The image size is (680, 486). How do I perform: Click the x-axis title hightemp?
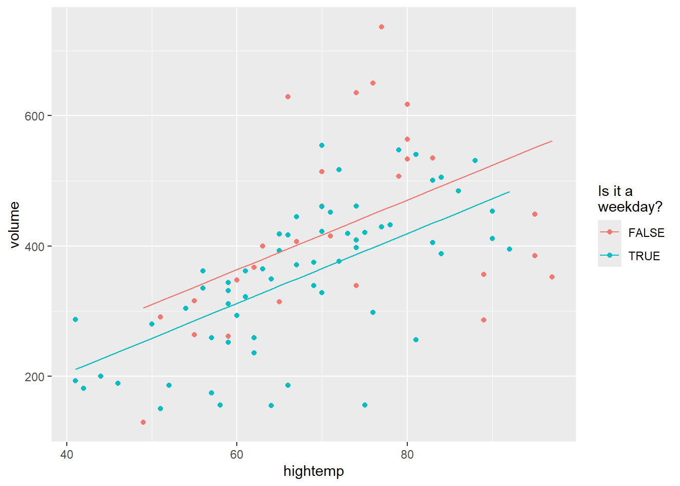point(313,471)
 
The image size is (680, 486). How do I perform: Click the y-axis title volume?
point(14,225)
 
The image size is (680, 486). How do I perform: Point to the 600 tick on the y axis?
point(34,116)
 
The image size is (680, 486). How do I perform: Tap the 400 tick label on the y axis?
point(34,247)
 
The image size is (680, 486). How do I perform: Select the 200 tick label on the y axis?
point(34,377)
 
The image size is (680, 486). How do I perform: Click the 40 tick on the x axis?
point(67,454)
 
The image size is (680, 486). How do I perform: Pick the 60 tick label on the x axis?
point(237,454)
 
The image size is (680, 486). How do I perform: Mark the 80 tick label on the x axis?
point(407,454)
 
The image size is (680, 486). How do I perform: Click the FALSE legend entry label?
point(646,233)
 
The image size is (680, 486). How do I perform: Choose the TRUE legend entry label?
point(644,256)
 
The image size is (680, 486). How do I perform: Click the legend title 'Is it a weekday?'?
point(629,199)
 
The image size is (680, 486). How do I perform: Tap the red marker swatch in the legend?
point(609,232)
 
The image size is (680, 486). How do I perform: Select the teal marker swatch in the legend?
point(609,256)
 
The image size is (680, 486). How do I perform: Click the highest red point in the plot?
point(381,27)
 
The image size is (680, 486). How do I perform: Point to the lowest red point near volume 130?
point(143,422)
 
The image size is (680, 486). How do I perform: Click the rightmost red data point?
point(552,277)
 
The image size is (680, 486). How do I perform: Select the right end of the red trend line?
point(552,141)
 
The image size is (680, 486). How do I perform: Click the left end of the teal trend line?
point(75,369)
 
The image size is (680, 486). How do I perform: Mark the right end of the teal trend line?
point(509,192)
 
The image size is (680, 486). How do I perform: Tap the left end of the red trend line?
point(144,308)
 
